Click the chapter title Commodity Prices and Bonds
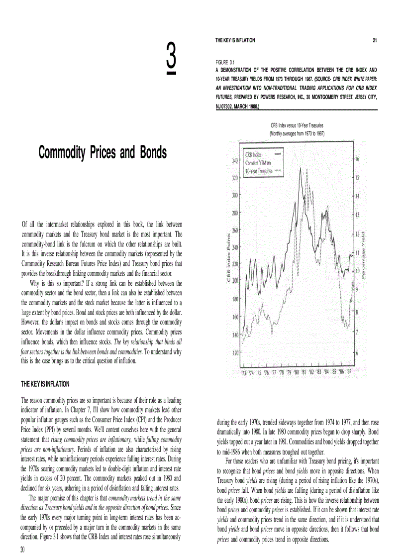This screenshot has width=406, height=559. pos(102,153)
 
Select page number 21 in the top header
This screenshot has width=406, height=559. pos(374,40)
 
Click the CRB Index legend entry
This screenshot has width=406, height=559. pos(253,155)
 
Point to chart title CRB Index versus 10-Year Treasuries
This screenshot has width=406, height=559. pos(297,126)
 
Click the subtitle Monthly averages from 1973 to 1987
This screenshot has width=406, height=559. pos(297,134)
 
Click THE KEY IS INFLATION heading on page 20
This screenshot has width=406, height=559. pos(45,384)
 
